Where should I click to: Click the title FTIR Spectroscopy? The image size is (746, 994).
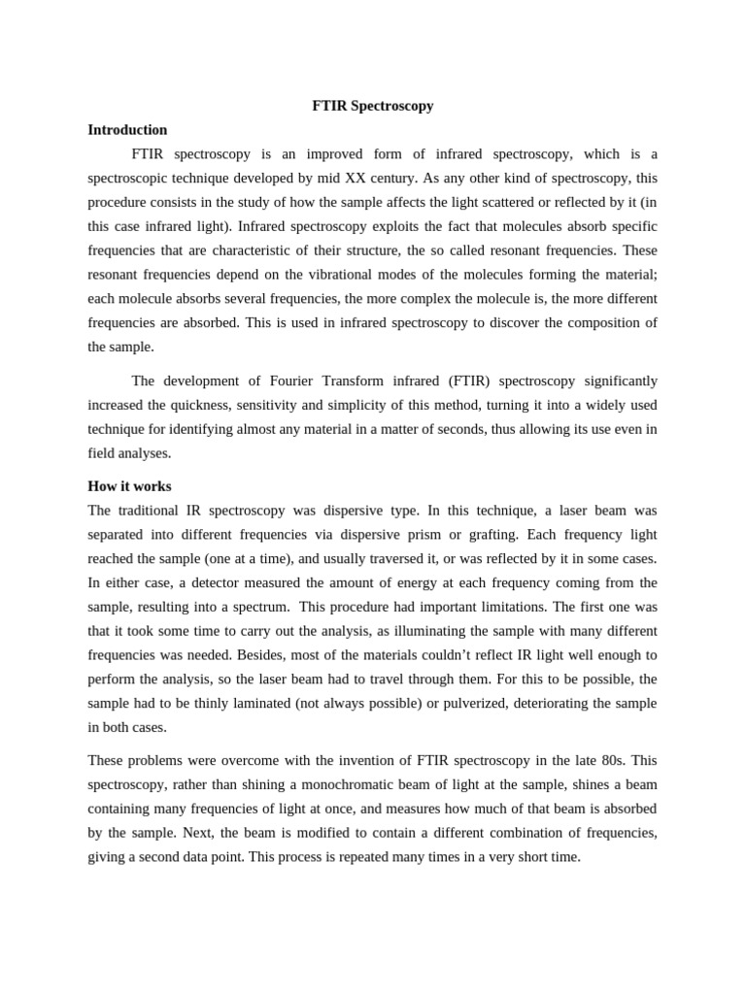pyautogui.click(x=373, y=106)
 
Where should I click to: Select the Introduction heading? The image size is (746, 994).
pyautogui.click(x=127, y=130)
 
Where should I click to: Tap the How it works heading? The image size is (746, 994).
pyautogui.click(x=129, y=486)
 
